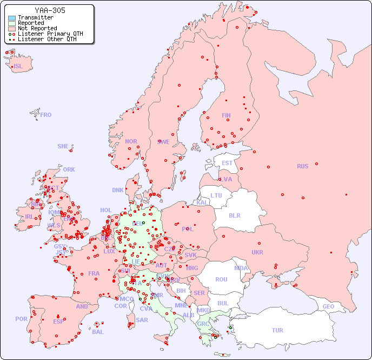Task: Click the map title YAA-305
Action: (50, 10)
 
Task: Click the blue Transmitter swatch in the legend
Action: (12, 18)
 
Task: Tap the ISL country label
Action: (18, 67)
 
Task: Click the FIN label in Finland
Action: (226, 115)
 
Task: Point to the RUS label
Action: (302, 166)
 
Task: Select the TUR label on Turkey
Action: (277, 330)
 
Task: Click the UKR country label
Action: (257, 252)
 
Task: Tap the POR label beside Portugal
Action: (21, 319)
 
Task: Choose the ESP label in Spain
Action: (58, 322)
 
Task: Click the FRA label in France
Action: (94, 273)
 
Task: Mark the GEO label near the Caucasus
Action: (328, 306)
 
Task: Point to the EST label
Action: (227, 163)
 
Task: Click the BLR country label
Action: (234, 215)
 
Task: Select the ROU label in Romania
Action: (221, 279)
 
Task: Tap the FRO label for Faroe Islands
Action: (46, 115)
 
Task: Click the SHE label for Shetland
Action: (63, 146)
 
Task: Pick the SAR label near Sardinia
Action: (142, 320)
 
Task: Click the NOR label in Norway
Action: (131, 141)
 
